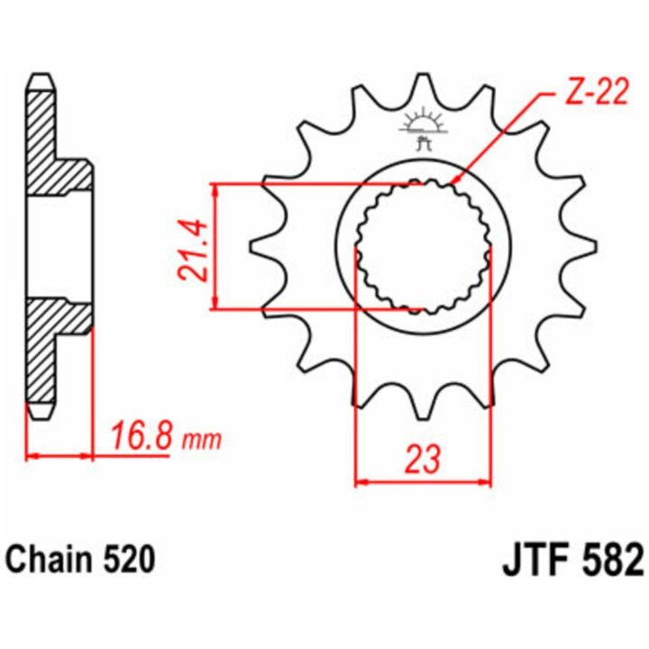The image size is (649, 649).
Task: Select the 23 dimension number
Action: pyautogui.click(x=422, y=460)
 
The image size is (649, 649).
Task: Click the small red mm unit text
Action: pyautogui.click(x=203, y=441)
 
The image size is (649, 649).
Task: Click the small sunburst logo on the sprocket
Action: pyautogui.click(x=423, y=125)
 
